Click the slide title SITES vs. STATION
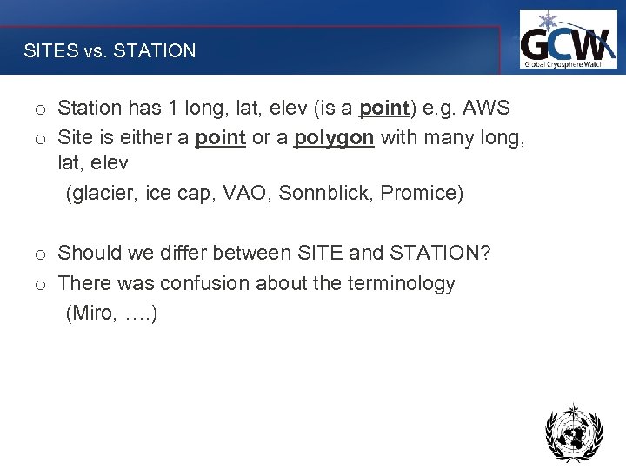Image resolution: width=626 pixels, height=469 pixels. (110, 51)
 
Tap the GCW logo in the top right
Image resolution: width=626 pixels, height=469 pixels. (567, 40)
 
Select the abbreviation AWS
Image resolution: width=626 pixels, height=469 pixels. (487, 109)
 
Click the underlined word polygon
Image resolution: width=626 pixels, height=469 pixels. (334, 139)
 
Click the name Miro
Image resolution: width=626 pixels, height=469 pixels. (91, 314)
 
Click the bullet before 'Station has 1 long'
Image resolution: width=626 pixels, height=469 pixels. (40, 110)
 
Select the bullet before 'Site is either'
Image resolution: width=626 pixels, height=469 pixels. (40, 141)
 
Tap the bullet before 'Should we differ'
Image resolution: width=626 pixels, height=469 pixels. (40, 255)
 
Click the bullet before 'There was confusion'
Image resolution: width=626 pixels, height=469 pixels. (40, 286)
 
